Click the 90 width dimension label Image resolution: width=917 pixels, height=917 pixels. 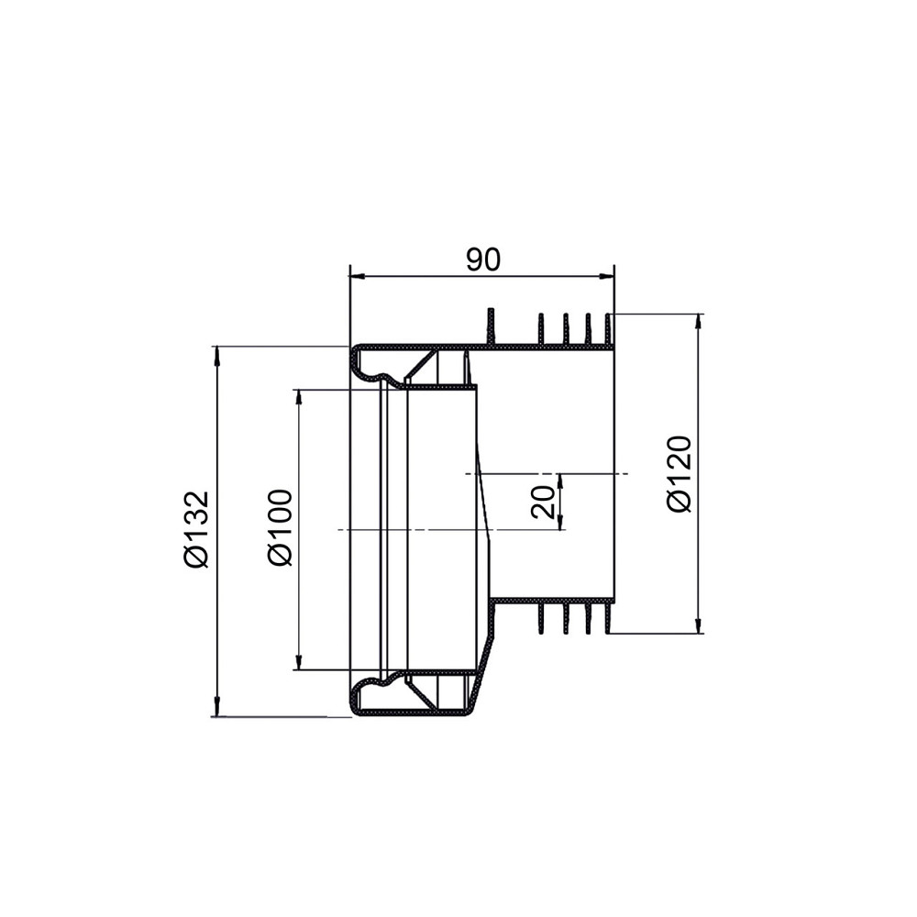(483, 260)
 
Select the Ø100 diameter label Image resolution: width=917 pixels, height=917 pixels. (280, 527)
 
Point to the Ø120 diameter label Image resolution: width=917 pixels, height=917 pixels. (679, 474)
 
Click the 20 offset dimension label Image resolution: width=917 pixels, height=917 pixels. (543, 502)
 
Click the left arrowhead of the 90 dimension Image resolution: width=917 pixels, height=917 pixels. (358, 275)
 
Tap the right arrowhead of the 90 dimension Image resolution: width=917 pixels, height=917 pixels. (606, 275)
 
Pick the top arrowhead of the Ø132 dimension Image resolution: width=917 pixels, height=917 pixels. (217, 354)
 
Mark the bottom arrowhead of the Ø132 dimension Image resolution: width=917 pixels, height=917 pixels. (217, 707)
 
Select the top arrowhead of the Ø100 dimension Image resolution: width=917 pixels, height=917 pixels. (298, 397)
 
